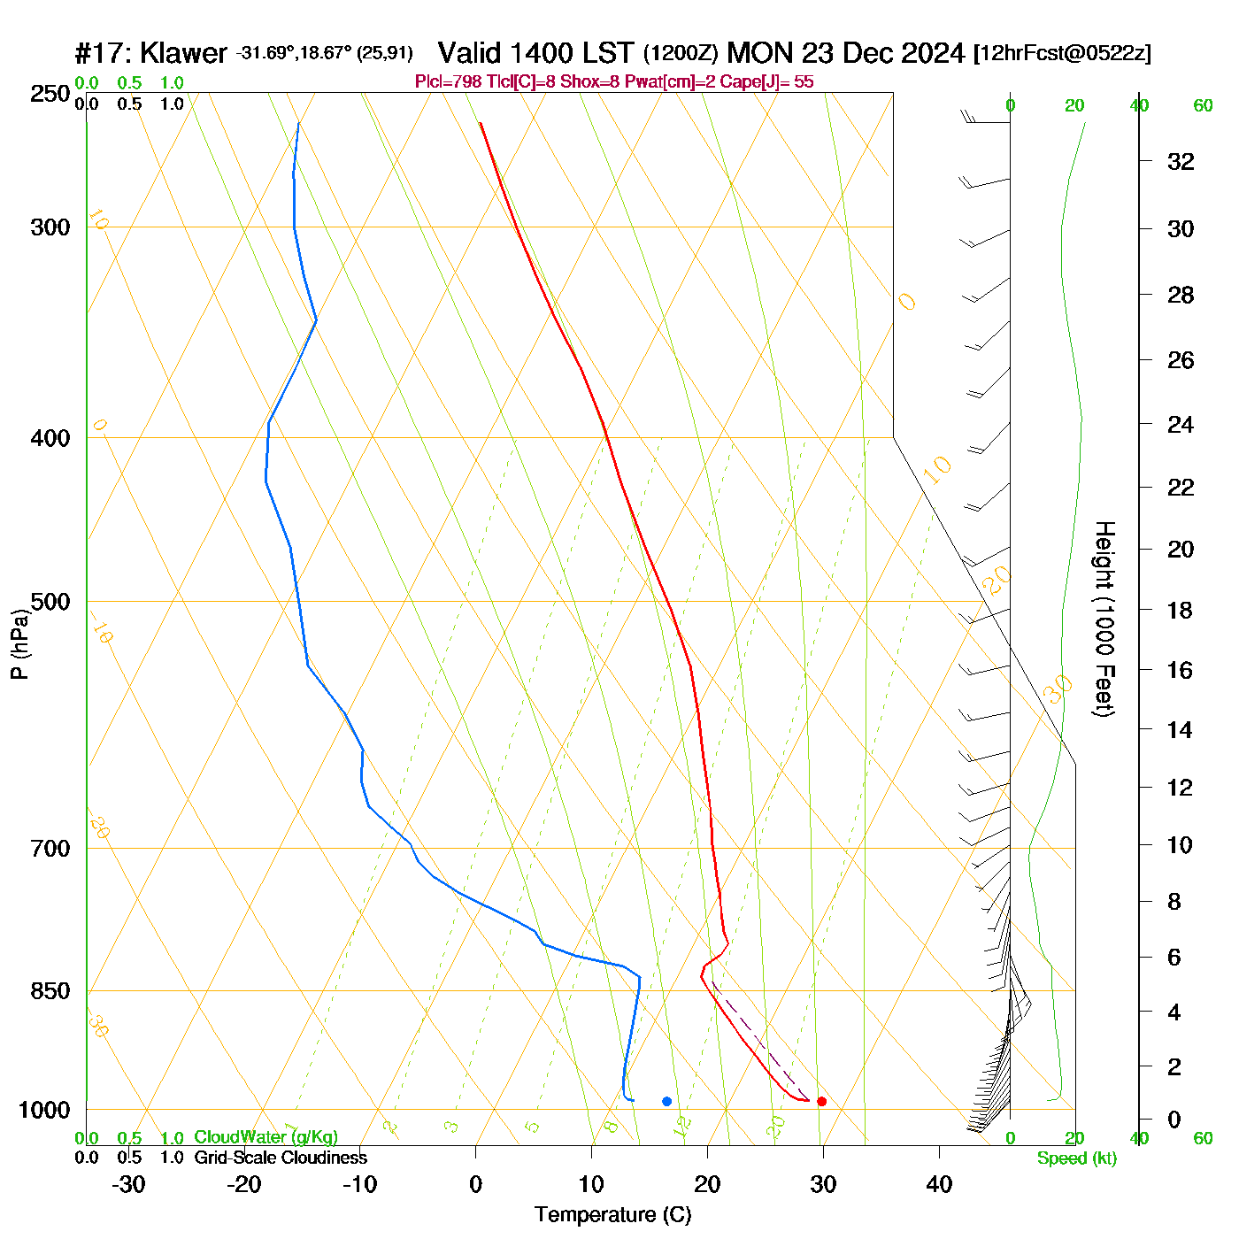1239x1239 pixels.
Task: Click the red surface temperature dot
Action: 821,1101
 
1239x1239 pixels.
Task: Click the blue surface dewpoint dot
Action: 666,1101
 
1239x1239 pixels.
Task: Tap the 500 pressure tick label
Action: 50,602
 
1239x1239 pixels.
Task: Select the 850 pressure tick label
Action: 50,991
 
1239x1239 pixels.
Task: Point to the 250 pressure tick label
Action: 50,94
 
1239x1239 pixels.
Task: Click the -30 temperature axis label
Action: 128,1184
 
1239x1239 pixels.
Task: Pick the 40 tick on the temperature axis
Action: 939,1184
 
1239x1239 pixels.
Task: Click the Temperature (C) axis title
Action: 612,1215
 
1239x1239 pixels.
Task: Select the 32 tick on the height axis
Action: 1181,161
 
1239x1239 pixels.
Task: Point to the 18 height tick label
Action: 1181,610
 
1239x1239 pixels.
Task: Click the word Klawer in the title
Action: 184,53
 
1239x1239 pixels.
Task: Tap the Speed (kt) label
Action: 1077,1158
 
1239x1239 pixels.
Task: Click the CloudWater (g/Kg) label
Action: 265,1137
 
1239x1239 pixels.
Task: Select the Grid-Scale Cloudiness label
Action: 281,1158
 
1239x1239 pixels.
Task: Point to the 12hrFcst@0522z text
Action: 1062,53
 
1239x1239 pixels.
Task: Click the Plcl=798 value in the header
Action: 449,82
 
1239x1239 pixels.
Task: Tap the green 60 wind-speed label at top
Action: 1203,105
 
